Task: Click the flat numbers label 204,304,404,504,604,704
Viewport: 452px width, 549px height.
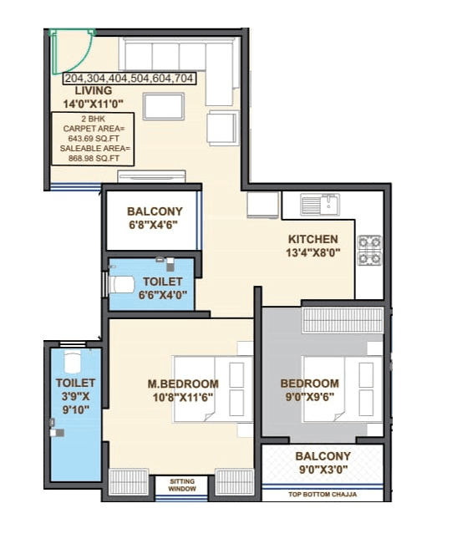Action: tap(130, 79)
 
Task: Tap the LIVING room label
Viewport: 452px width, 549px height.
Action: tap(94, 91)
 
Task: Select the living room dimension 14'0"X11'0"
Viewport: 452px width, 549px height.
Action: tap(94, 104)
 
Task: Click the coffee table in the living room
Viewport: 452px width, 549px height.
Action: tap(164, 107)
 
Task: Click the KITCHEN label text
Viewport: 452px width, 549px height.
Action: tap(313, 239)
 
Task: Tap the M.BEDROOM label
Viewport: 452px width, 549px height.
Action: tap(177, 384)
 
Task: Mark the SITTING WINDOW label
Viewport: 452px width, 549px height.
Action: tap(182, 485)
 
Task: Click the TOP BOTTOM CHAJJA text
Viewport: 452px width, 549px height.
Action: tap(322, 496)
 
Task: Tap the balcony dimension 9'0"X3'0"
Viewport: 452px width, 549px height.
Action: tap(322, 470)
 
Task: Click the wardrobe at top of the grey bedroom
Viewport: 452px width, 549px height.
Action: tap(343, 320)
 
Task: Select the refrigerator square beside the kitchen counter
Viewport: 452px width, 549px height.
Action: tap(262, 206)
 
